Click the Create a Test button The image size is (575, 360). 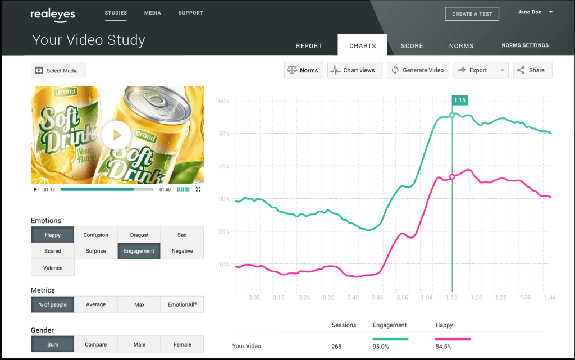[x=472, y=14]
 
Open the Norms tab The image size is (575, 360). [x=461, y=46]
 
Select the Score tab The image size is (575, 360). [x=412, y=46]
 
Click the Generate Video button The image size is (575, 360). [x=417, y=70]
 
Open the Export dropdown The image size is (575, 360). [x=481, y=70]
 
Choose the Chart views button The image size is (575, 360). [x=355, y=70]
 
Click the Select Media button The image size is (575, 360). [x=58, y=71]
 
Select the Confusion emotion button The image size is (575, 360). [x=96, y=235]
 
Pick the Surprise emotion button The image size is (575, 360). [x=96, y=251]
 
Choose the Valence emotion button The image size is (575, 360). [x=53, y=268]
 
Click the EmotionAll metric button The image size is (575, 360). [x=182, y=304]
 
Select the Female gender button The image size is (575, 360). [x=182, y=344]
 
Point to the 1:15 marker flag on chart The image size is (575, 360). [x=459, y=101]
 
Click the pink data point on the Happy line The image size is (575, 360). [x=452, y=177]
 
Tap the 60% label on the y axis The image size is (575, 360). [x=224, y=101]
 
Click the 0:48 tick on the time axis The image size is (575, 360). [x=378, y=298]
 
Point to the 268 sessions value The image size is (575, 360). [x=336, y=346]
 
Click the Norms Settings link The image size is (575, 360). [x=525, y=45]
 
